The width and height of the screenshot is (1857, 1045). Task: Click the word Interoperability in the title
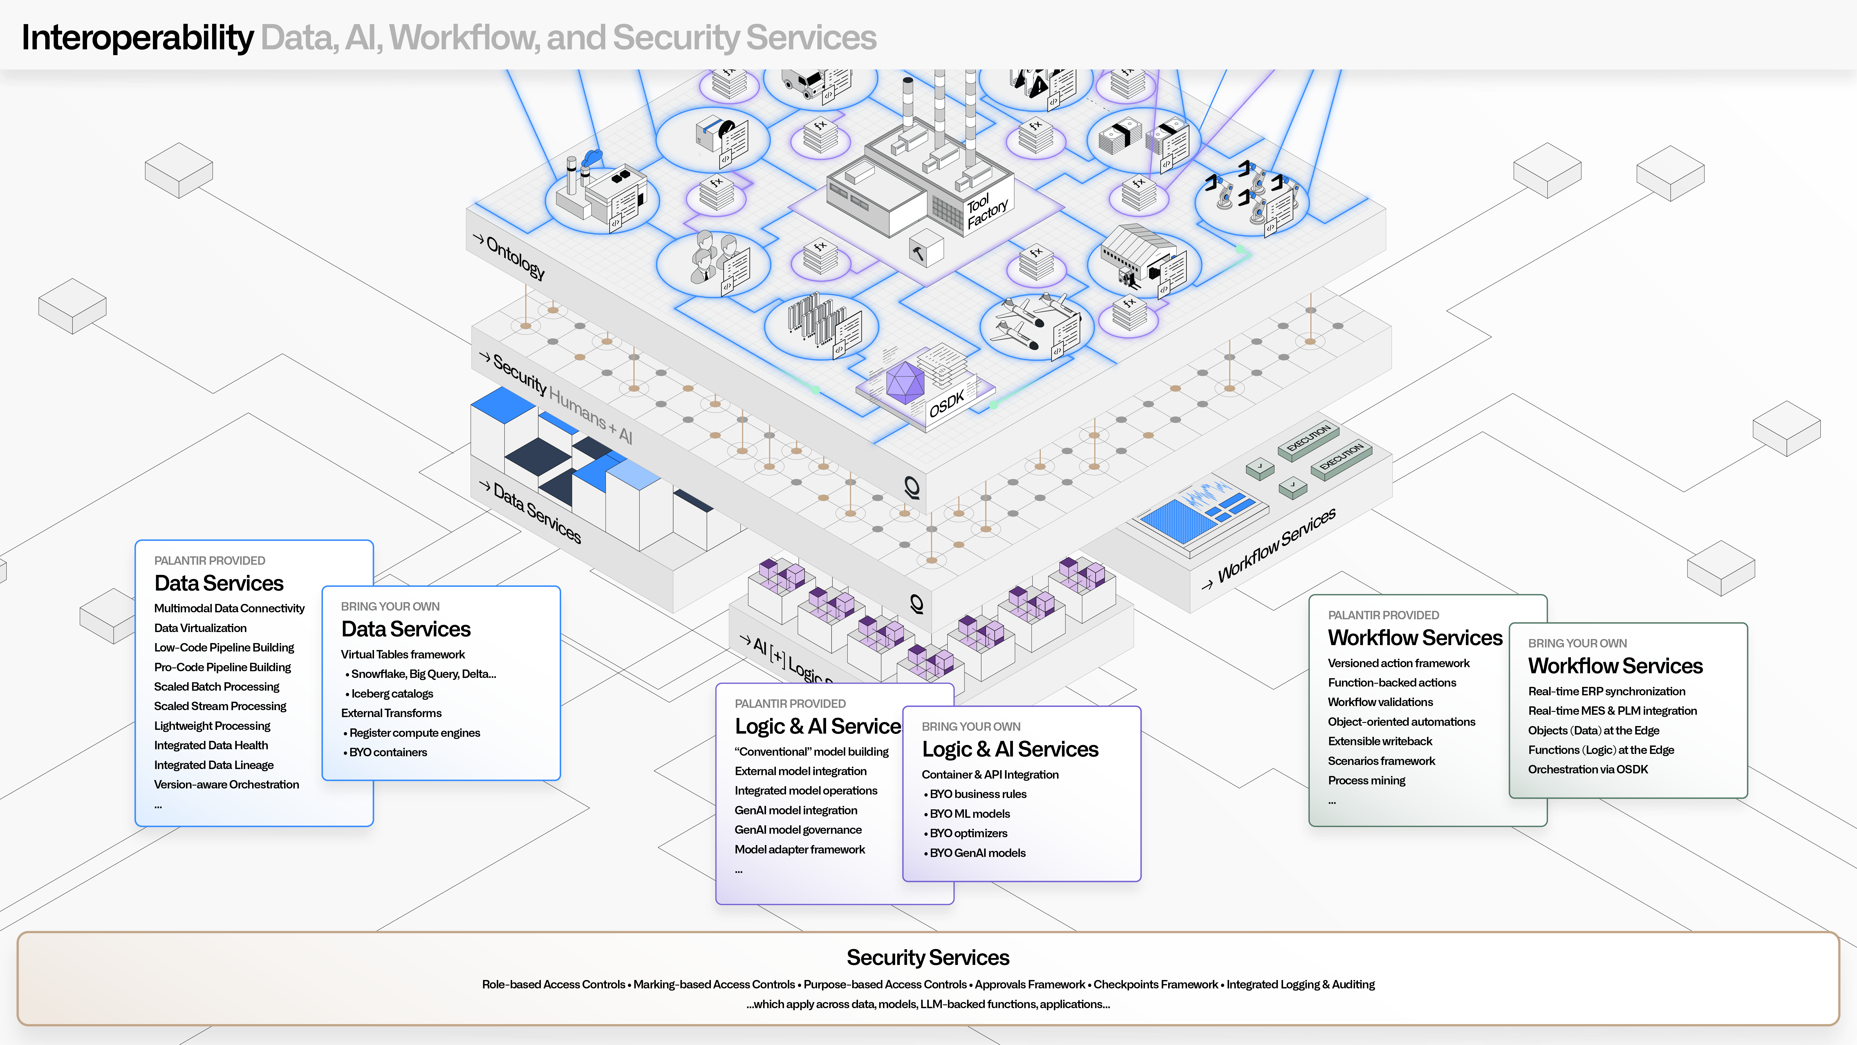pyautogui.click(x=137, y=37)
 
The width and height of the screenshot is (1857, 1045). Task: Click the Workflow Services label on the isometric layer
pyautogui.click(x=1276, y=544)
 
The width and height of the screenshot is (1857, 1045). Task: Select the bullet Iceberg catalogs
pyautogui.click(x=391, y=694)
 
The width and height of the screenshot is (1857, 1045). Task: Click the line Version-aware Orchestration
pyautogui.click(x=226, y=785)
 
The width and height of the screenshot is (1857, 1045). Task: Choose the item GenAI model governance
pyautogui.click(x=798, y=830)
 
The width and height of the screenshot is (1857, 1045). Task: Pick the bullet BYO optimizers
pyautogui.click(x=968, y=834)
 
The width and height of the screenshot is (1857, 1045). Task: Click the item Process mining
pyautogui.click(x=1366, y=780)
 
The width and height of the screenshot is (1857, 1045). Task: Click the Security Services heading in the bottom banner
pyautogui.click(x=928, y=958)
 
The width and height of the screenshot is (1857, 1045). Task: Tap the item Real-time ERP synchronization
pyautogui.click(x=1606, y=692)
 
